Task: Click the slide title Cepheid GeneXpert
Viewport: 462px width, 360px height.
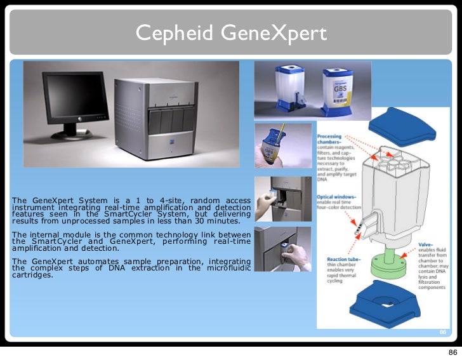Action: pos(231,32)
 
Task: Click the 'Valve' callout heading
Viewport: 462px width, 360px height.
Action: pos(425,245)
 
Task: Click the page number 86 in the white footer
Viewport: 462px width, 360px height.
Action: pos(452,352)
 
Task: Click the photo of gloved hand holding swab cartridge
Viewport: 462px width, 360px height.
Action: pos(282,146)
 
